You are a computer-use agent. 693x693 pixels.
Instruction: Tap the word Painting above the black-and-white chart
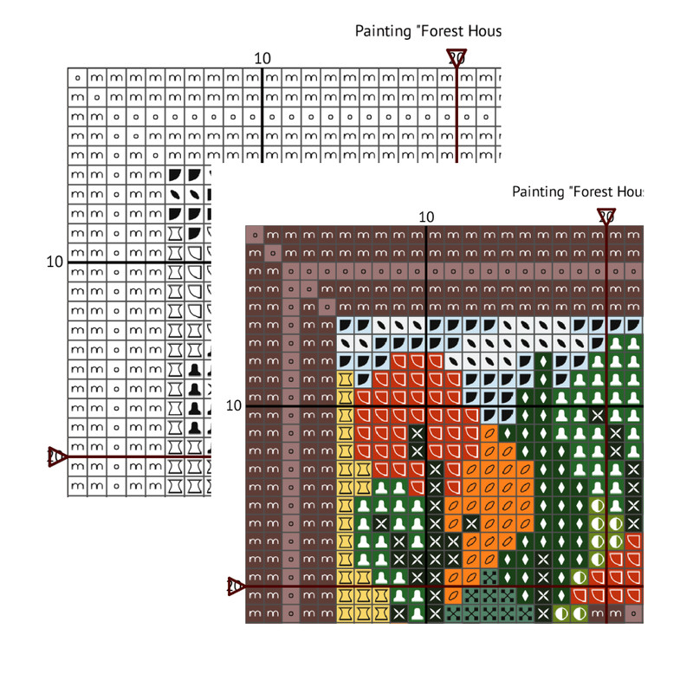click(x=379, y=31)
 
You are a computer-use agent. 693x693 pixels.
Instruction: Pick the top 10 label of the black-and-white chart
click(x=262, y=58)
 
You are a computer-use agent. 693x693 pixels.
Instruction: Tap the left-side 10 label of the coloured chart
click(x=233, y=405)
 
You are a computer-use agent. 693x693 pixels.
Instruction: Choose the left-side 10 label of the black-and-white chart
click(x=54, y=261)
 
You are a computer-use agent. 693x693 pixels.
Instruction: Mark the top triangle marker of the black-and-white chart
click(x=457, y=58)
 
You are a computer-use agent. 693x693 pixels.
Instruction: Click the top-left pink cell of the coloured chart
click(x=255, y=235)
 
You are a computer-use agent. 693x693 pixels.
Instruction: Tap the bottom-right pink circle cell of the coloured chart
click(x=635, y=613)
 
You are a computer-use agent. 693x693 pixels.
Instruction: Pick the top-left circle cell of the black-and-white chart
click(x=78, y=77)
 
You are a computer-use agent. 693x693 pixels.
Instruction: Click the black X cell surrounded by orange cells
click(x=471, y=522)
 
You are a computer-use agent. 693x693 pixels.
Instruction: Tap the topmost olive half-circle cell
click(x=597, y=505)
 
